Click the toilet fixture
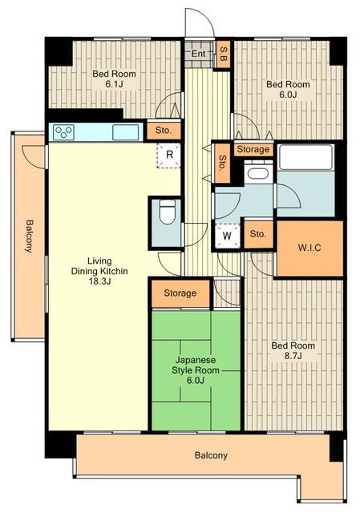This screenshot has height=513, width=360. pos(168,212)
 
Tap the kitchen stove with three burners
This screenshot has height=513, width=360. pos(63,132)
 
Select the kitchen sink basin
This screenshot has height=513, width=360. pos(126,132)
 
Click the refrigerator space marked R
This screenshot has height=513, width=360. pos(169,155)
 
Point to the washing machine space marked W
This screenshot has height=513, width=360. pos(227,236)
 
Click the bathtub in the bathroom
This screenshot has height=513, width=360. pos(305,158)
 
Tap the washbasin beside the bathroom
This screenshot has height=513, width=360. pos(258,173)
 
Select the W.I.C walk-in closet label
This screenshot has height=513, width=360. pos(309,248)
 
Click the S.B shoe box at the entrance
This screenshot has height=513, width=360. pos(223,55)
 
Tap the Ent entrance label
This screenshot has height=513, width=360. pos(198,54)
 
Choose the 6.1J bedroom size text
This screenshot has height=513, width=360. pos(114,84)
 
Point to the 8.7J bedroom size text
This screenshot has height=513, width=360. pos(293,356)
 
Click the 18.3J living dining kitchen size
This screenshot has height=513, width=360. pos(99,281)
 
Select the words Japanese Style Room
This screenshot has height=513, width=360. pos(196,366)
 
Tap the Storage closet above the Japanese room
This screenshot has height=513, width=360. pos(180,293)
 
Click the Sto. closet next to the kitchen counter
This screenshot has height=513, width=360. pos(164,131)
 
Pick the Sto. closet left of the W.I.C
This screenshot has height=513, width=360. pos(258,234)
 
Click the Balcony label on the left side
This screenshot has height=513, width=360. pos(29,236)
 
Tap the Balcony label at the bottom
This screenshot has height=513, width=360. pos(211,455)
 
